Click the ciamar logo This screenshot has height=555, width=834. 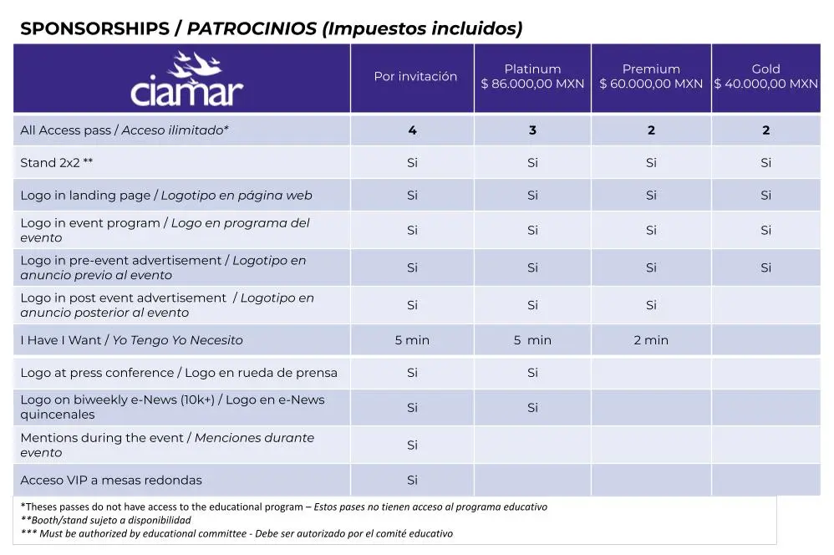click(186, 80)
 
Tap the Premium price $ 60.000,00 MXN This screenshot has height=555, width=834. click(651, 84)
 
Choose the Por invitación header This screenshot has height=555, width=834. click(415, 77)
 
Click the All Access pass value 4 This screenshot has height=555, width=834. click(412, 130)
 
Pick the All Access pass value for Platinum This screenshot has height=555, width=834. click(532, 130)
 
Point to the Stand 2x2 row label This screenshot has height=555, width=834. click(57, 163)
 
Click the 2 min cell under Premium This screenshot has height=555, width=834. click(651, 340)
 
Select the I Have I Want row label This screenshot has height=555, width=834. click(131, 340)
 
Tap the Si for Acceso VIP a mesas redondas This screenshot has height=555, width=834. click(412, 481)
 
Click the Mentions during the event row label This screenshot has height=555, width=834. click(167, 445)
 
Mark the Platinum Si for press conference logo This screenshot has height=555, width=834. click(532, 373)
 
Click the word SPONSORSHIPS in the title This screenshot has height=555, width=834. click(94, 28)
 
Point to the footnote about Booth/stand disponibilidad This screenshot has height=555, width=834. click(106, 520)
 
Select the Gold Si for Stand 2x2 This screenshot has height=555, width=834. click(765, 163)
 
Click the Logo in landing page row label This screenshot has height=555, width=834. click(165, 196)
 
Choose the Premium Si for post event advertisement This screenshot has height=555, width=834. click(651, 306)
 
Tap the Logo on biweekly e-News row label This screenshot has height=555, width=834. click(172, 407)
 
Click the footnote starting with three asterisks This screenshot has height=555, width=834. click(236, 533)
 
